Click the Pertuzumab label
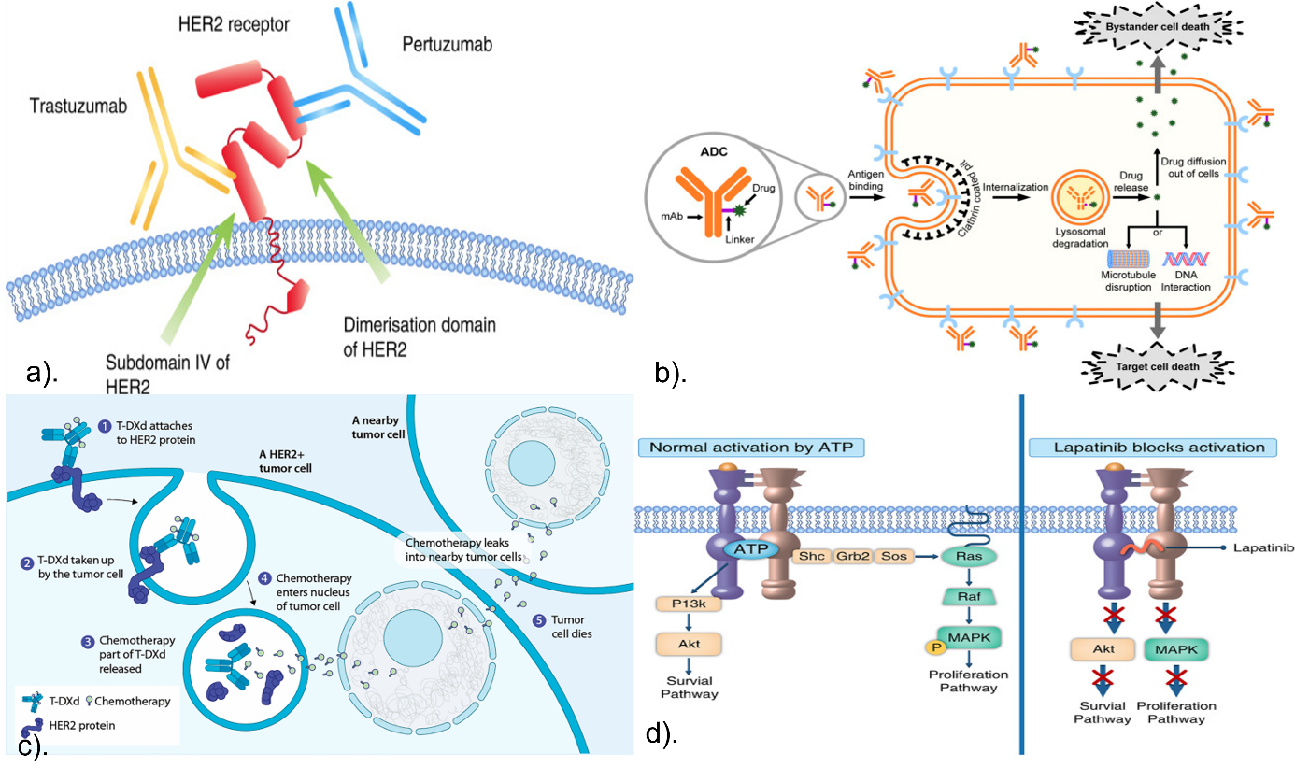[447, 44]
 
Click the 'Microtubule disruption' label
[1129, 280]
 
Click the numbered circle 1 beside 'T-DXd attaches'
[107, 426]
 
